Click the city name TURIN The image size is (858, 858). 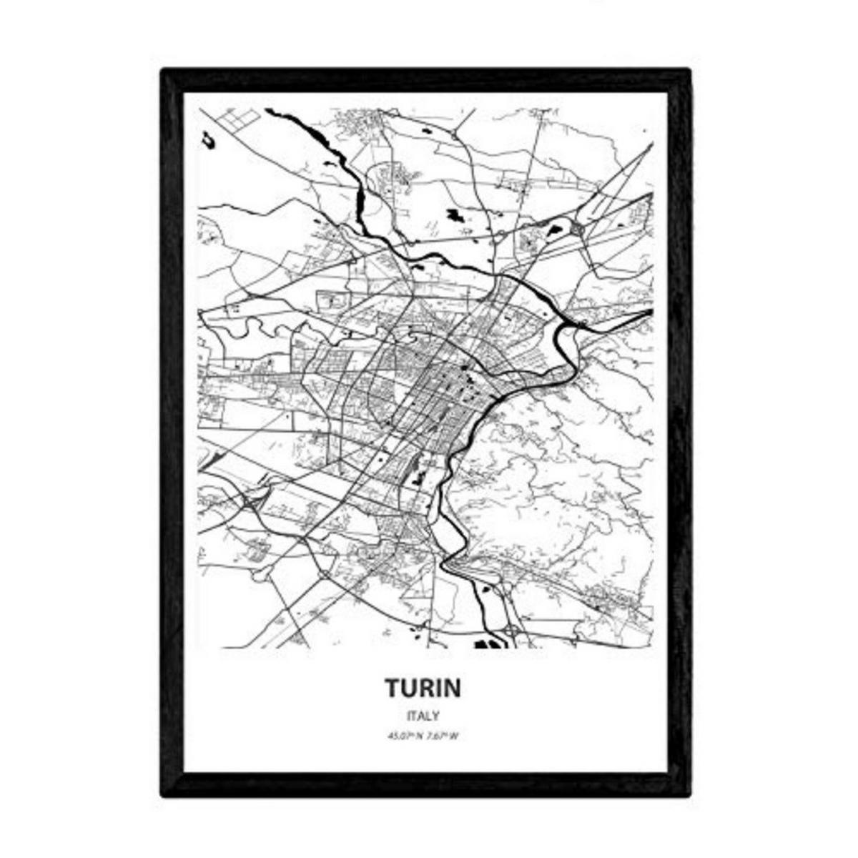click(423, 688)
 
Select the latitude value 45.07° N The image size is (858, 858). click(405, 736)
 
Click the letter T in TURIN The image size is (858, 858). click(393, 688)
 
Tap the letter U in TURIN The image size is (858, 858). click(409, 688)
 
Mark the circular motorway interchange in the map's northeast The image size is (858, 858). click(576, 229)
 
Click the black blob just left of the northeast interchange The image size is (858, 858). click(552, 230)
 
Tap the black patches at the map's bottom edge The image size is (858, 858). click(489, 643)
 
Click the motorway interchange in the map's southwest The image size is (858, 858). click(252, 503)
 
